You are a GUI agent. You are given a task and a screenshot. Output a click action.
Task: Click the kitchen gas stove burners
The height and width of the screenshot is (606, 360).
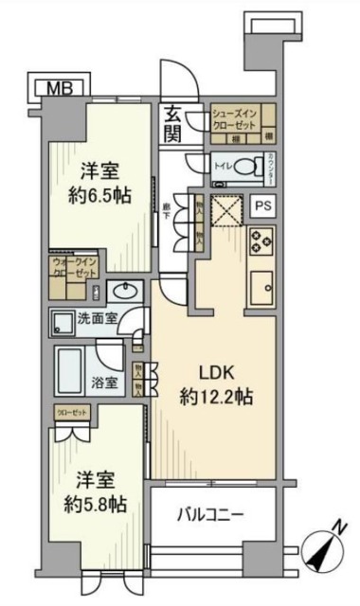point(260,241)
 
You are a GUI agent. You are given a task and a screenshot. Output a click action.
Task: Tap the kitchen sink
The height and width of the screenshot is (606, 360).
point(261,283)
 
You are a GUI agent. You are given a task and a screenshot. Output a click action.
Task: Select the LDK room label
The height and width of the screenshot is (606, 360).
point(214,371)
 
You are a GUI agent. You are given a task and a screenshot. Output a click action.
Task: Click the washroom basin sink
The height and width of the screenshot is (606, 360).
point(122,292)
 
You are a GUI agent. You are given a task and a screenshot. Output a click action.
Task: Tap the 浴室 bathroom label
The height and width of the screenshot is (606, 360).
point(105,383)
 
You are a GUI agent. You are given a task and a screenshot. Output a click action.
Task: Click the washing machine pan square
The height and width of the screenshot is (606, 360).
point(64,322)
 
